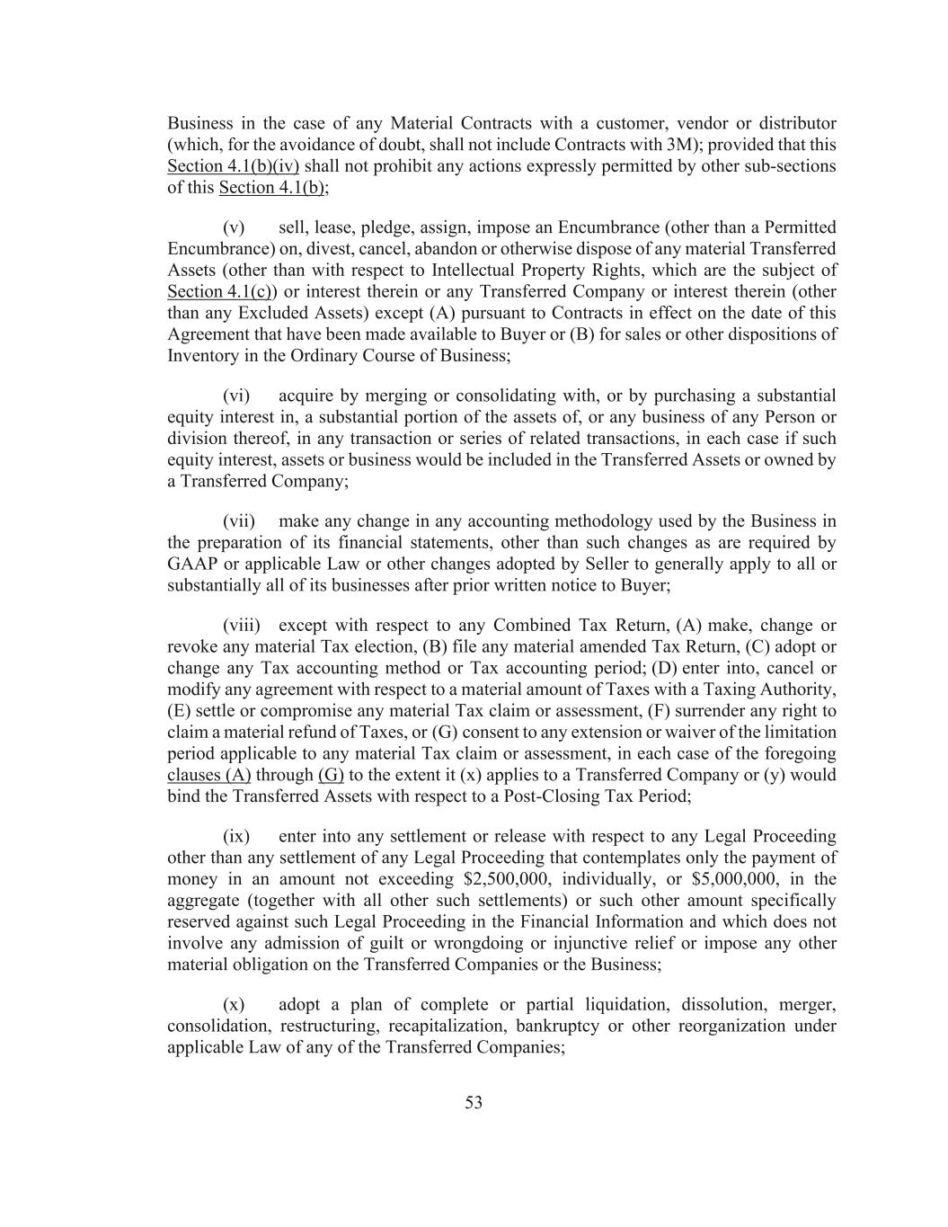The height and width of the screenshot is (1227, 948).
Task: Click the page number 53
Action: click(474, 1103)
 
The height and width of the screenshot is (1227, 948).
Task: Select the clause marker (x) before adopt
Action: click(234, 1005)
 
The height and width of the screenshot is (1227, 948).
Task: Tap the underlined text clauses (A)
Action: click(209, 776)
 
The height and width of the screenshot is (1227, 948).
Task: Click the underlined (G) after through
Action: click(332, 776)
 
